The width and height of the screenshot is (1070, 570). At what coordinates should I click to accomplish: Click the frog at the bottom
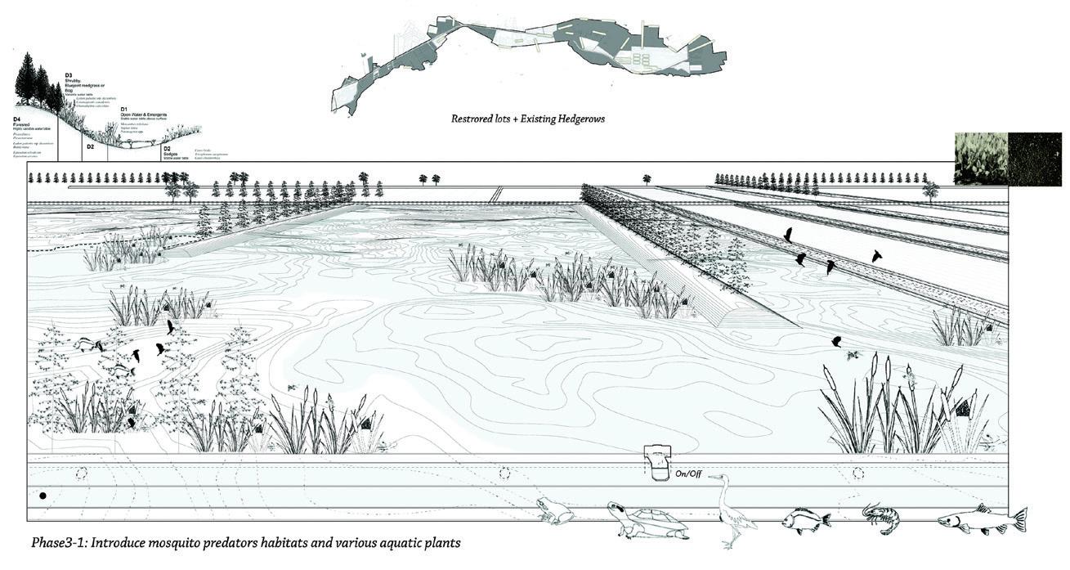(556, 512)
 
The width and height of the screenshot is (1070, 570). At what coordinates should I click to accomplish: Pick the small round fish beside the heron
(804, 518)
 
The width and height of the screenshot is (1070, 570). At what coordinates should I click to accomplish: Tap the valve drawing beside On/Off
(656, 462)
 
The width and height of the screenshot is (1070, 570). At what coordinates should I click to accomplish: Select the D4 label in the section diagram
(16, 119)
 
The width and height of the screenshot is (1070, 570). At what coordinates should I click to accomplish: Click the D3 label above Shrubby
(69, 76)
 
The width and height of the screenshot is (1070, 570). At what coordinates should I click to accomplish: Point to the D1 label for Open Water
(123, 109)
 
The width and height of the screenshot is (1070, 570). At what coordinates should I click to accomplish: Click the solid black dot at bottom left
(43, 496)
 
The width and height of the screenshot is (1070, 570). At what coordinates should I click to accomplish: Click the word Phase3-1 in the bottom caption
(60, 543)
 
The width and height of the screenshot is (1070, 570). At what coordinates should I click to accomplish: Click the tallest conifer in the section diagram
(29, 78)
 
